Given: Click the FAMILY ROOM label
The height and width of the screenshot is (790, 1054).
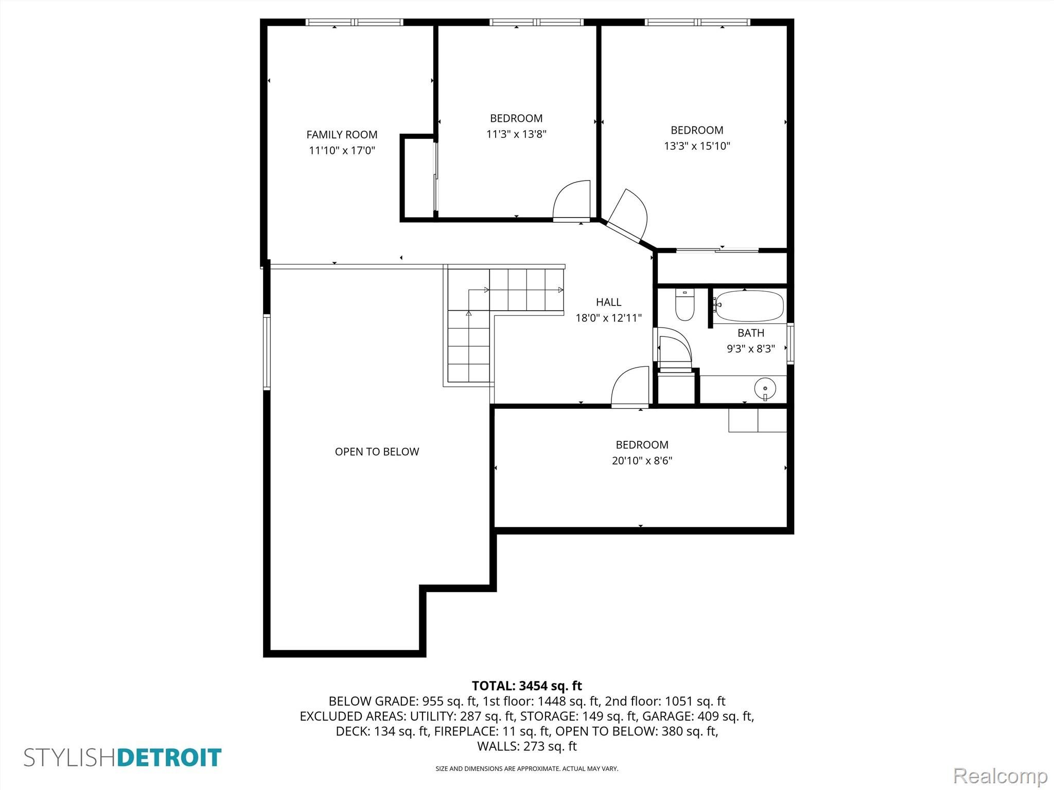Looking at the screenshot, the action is pyautogui.click(x=342, y=135).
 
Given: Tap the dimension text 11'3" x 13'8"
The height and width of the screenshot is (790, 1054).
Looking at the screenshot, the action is pyautogui.click(x=516, y=134).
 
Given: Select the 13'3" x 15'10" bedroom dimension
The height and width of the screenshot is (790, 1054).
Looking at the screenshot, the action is pyautogui.click(x=697, y=146).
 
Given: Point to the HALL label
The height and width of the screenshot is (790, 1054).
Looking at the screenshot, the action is pyautogui.click(x=608, y=302).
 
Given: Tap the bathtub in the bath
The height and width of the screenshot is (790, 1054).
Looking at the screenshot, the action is pyautogui.click(x=750, y=307).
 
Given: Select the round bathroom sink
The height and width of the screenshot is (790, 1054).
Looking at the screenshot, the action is pyautogui.click(x=765, y=388).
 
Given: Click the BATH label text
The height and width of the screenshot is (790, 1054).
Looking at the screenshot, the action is pyautogui.click(x=751, y=333).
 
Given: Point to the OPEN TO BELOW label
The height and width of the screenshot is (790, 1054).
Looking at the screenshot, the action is pyautogui.click(x=377, y=452).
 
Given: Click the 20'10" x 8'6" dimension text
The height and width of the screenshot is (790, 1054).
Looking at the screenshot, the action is pyautogui.click(x=642, y=460).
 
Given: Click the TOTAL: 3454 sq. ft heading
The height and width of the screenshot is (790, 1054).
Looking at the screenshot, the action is pyautogui.click(x=526, y=686).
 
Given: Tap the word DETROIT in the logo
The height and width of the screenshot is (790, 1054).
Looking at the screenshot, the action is pyautogui.click(x=169, y=758).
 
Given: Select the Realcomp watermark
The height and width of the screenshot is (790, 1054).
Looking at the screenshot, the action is pyautogui.click(x=1000, y=776).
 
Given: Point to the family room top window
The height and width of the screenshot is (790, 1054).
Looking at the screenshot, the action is pyautogui.click(x=354, y=22).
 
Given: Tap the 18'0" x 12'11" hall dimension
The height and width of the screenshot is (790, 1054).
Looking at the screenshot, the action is pyautogui.click(x=608, y=318).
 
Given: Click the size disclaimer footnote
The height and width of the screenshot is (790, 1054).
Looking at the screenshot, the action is pyautogui.click(x=526, y=768).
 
